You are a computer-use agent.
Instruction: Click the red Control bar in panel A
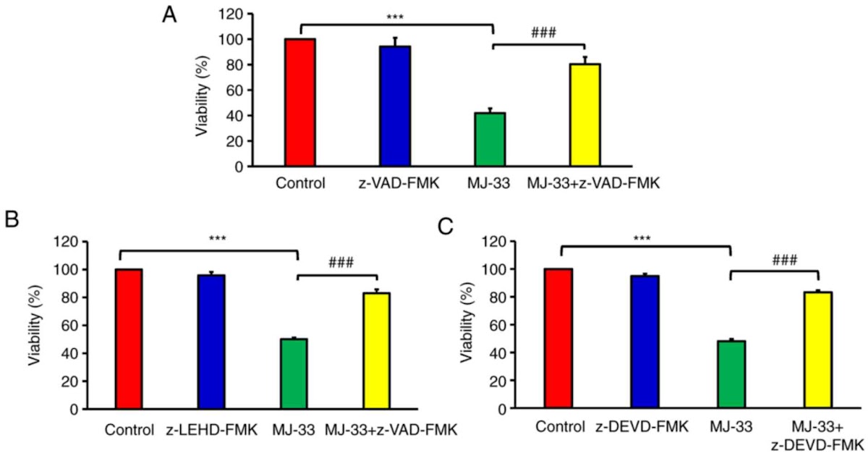point(300,102)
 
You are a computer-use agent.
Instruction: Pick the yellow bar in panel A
point(584,114)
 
